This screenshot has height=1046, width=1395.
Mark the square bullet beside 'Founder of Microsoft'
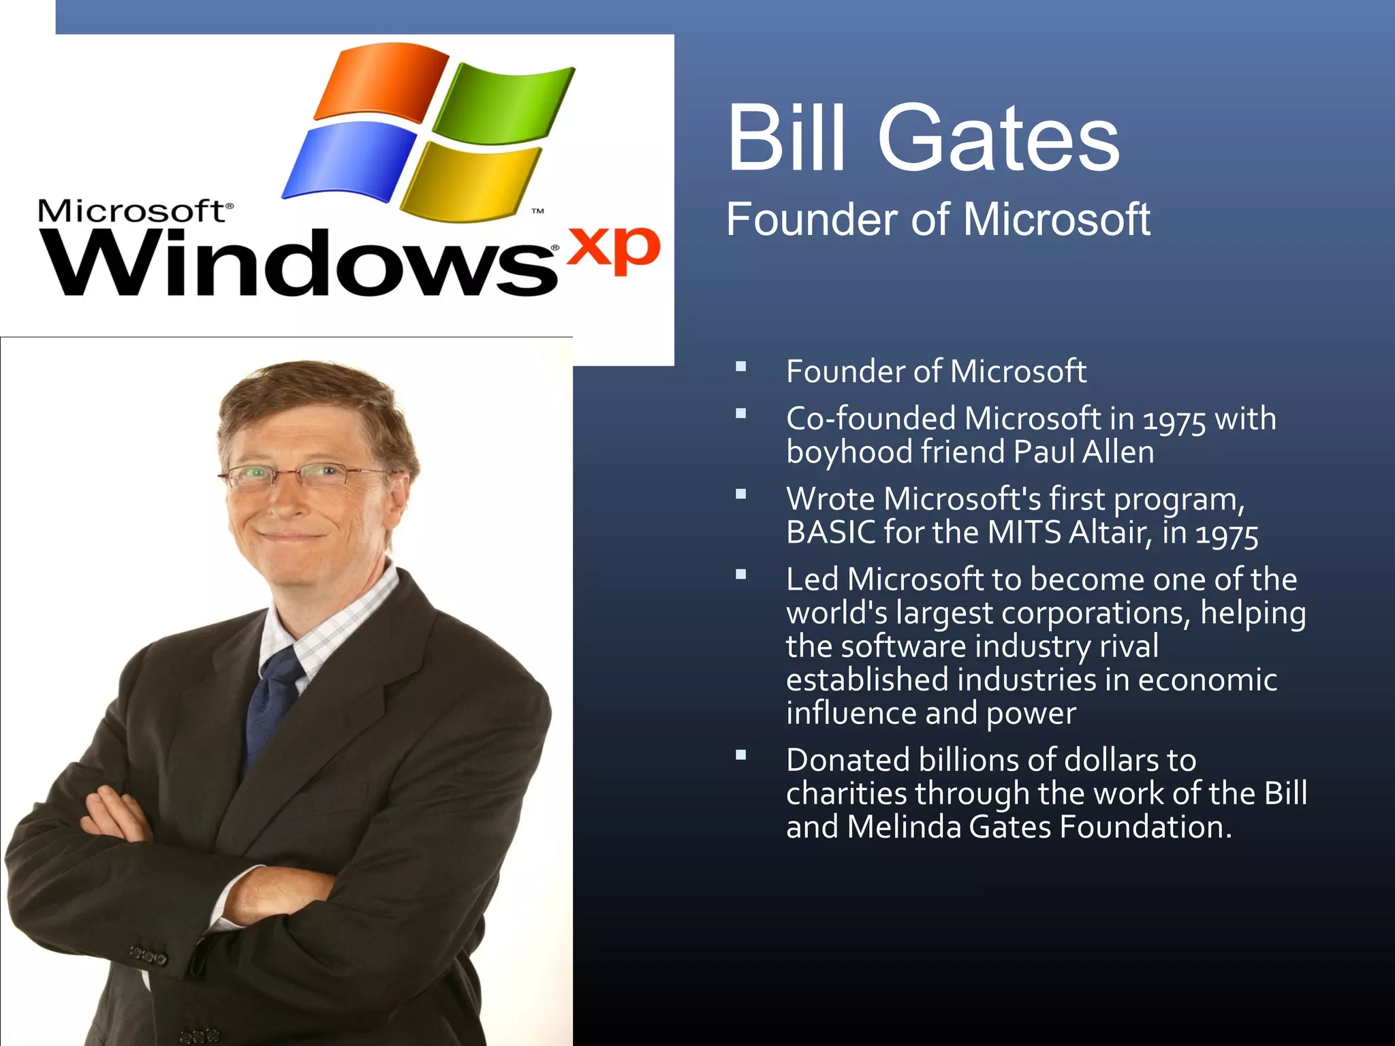(741, 368)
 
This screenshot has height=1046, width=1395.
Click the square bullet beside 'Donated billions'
(741, 755)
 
